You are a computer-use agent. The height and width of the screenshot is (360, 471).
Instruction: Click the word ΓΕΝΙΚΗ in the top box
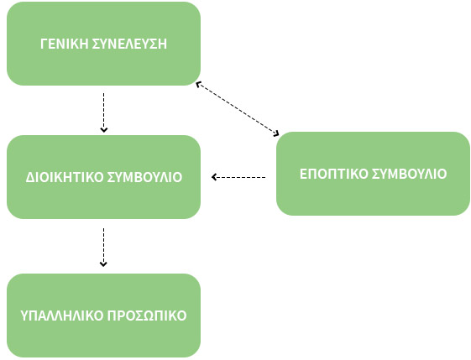(65, 44)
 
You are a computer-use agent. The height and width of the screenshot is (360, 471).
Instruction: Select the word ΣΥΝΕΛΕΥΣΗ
(129, 44)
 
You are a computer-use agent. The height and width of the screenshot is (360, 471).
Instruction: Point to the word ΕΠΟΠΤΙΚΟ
(334, 174)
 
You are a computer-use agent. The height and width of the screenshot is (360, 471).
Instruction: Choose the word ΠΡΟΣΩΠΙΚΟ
(147, 316)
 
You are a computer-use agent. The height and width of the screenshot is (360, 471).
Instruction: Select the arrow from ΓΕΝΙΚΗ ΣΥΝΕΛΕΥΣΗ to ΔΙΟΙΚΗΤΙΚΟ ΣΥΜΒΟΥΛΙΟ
(103, 112)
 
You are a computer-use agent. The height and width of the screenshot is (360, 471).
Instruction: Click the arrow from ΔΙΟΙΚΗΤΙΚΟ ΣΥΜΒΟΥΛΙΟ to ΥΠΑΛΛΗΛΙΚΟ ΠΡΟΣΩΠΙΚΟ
(103, 247)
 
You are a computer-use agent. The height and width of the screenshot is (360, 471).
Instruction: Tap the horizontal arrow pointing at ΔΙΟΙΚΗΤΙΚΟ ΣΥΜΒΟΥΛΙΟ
(238, 177)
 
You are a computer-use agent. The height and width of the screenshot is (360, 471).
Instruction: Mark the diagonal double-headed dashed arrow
(238, 109)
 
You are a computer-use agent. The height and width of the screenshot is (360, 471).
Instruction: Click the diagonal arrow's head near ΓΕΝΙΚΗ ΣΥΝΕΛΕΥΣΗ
(197, 84)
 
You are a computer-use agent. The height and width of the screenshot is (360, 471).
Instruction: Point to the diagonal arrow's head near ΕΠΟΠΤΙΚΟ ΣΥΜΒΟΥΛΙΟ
(277, 134)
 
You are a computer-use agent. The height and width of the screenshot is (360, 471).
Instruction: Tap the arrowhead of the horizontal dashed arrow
(213, 177)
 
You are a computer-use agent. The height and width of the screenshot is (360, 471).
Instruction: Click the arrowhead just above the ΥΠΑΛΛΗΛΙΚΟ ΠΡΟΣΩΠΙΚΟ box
(103, 264)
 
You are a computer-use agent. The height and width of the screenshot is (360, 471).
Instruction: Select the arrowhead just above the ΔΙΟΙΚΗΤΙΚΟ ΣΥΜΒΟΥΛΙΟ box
(103, 130)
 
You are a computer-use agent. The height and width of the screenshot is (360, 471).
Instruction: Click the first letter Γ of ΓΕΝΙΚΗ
(44, 44)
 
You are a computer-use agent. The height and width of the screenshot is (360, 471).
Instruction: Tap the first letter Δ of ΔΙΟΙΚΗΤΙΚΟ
(29, 177)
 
